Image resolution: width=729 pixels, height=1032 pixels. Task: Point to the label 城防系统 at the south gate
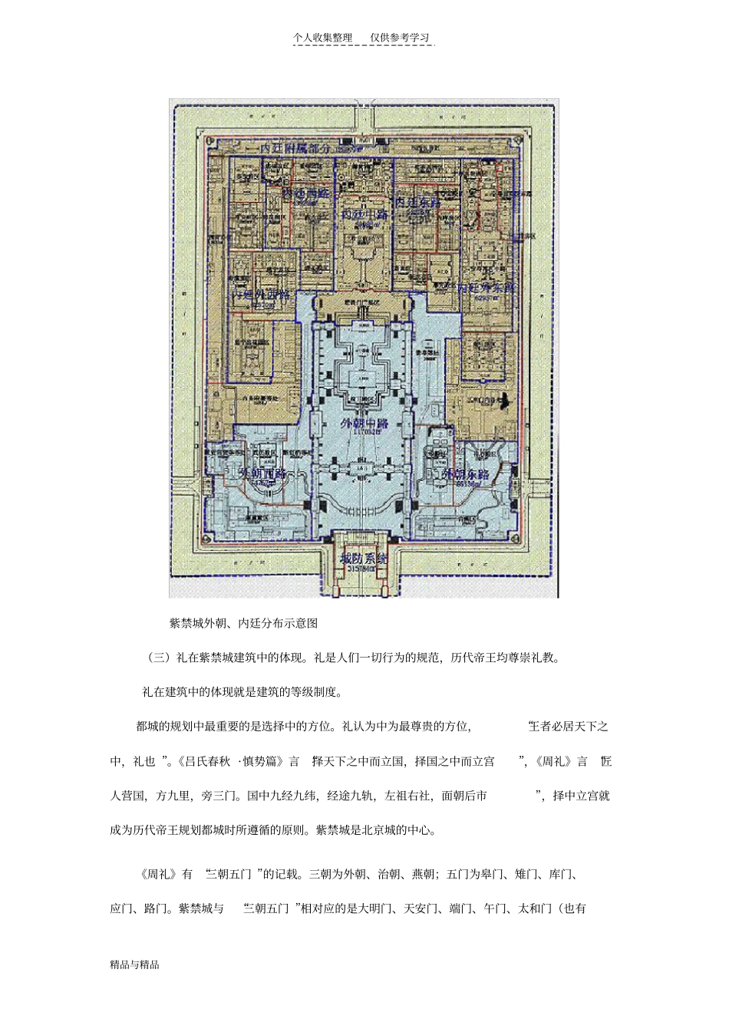[364, 559]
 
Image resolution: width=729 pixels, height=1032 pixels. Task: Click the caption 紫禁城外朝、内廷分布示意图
[243, 623]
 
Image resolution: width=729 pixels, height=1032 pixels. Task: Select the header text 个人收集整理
[322, 38]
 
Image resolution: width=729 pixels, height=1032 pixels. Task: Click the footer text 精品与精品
[134, 964]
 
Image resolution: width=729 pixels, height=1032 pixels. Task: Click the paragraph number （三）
[156, 658]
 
